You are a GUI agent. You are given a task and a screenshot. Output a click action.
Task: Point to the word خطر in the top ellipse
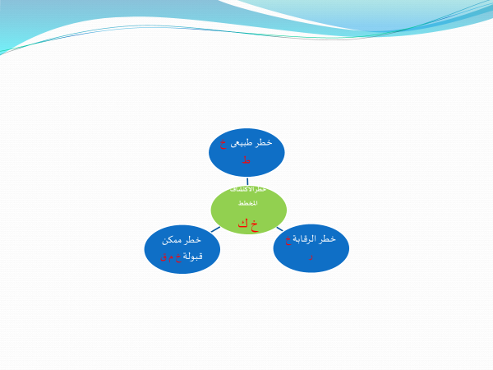[264, 143]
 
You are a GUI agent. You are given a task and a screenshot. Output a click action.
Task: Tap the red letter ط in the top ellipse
[246, 160]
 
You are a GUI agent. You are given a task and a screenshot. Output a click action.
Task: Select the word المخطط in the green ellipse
[247, 203]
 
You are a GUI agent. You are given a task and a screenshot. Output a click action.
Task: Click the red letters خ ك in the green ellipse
[247, 222]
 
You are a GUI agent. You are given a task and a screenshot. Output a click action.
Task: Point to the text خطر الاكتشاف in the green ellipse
[248, 189]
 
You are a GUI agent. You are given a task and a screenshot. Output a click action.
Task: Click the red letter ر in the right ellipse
[311, 257]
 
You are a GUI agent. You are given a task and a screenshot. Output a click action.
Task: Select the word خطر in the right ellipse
[327, 239]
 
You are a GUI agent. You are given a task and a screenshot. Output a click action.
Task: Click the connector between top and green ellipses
[247, 181]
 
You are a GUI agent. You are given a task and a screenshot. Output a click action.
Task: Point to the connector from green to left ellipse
[215, 229]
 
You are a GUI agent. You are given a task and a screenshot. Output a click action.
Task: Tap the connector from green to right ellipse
[279, 228]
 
